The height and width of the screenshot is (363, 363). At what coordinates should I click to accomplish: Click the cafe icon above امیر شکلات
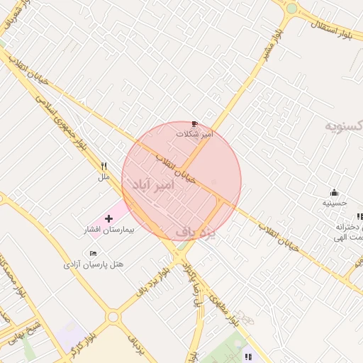(196, 123)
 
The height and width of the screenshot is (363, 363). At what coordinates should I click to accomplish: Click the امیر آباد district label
(152, 184)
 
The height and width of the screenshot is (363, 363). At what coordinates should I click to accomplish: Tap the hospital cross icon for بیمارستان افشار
(108, 219)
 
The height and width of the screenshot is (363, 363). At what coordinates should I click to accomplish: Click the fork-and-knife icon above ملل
(104, 167)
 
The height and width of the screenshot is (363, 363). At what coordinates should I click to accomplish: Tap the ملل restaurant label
(104, 177)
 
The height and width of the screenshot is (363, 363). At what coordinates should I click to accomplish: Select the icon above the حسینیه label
(334, 192)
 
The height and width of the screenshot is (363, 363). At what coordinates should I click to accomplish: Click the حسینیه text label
(335, 203)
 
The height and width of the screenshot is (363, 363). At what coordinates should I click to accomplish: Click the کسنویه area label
(344, 125)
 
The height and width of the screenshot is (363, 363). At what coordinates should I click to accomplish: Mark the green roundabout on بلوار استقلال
(291, 9)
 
